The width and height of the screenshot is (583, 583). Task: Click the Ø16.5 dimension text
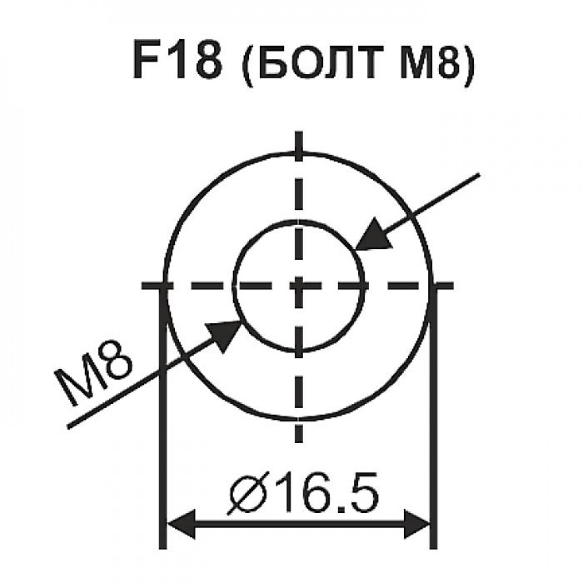303,493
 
